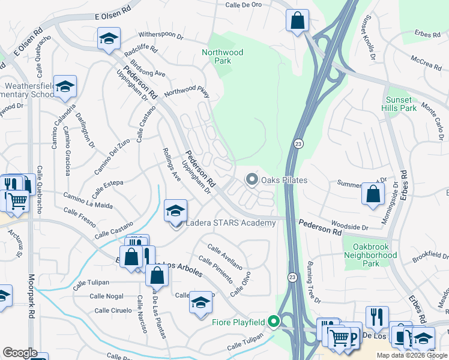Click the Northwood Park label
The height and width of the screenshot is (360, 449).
223,57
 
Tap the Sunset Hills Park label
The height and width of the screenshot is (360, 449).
399,104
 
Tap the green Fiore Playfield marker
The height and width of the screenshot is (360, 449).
274,322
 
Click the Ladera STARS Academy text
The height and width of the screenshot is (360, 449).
231,223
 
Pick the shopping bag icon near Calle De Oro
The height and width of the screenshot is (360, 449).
297,21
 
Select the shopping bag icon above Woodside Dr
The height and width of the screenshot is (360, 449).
373,194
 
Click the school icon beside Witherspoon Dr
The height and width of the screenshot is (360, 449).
109,38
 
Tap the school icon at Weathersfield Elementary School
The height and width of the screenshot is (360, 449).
65,87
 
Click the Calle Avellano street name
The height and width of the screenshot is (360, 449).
225,256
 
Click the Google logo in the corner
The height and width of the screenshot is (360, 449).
20,353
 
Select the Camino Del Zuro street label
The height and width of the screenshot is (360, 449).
112,156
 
